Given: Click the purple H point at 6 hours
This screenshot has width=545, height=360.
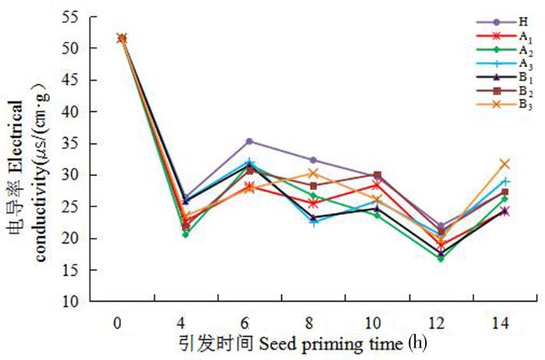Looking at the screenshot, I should point(249,141).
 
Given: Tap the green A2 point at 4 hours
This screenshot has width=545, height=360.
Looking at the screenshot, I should point(185,234).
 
